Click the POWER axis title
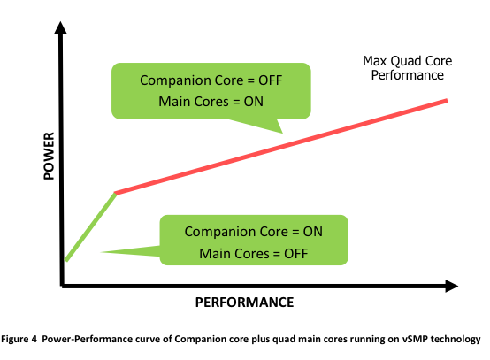click(x=49, y=156)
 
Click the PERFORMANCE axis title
click(x=244, y=303)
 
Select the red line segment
click(x=281, y=147)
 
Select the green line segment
click(x=90, y=226)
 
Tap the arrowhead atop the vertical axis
click(x=60, y=27)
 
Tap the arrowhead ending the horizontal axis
click(x=452, y=286)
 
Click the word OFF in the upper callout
click(x=271, y=80)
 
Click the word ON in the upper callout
click(x=254, y=102)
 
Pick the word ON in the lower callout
click(x=312, y=232)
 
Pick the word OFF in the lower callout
click(x=296, y=254)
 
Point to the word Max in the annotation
click(x=375, y=61)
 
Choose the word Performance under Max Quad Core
click(x=408, y=75)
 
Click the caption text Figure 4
click(x=19, y=339)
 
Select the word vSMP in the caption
click(x=415, y=339)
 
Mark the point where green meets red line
click(x=116, y=194)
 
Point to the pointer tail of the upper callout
click(x=282, y=133)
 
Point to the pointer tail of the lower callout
click(x=101, y=252)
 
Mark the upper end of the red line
click(x=448, y=100)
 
